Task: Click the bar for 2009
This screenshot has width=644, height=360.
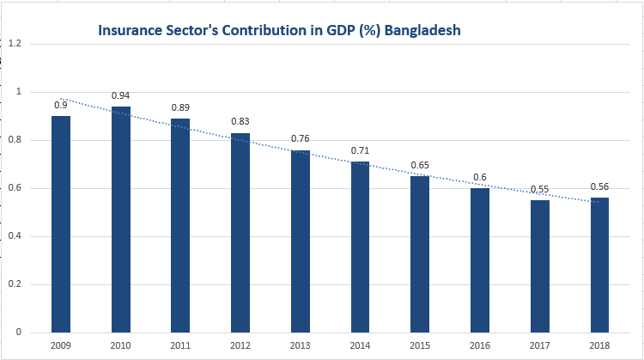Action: [61, 223]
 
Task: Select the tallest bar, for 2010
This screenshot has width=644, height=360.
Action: [120, 219]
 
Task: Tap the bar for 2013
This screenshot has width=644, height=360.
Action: [300, 241]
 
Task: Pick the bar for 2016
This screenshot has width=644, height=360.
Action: [479, 259]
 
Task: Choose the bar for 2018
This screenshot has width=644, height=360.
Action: [598, 265]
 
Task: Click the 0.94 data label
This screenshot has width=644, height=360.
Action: [120, 95]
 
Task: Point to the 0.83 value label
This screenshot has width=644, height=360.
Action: [240, 121]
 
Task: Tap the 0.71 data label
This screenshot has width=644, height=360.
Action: [360, 151]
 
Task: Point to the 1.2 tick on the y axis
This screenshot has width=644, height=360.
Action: [14, 44]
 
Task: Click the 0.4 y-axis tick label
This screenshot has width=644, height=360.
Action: [14, 236]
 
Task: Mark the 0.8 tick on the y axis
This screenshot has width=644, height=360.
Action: [14, 140]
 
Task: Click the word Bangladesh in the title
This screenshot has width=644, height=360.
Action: [422, 30]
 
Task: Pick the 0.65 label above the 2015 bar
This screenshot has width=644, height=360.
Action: [419, 165]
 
